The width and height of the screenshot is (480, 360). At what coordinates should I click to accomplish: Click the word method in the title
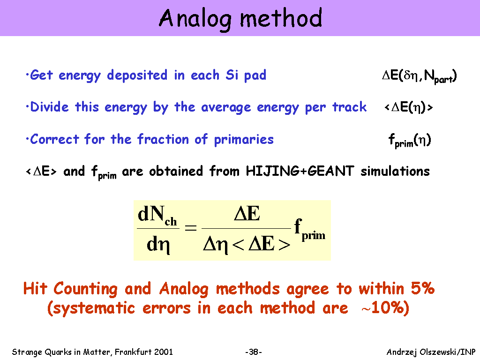pos(281,18)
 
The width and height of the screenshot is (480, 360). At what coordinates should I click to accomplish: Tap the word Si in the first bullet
pos(232,75)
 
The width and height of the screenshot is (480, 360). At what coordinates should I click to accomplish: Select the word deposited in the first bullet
pos(137,76)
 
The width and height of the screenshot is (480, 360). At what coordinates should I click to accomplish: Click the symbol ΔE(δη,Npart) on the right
pos(420,76)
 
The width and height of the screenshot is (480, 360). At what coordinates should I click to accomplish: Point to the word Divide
pos(49,107)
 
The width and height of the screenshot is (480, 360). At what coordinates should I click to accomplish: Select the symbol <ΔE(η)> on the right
pos(408,107)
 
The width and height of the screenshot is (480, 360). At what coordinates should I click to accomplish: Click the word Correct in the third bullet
pos(54,139)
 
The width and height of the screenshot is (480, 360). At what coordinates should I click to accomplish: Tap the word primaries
pos(244,140)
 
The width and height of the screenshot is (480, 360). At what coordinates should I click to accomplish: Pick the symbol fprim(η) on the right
pos(410,141)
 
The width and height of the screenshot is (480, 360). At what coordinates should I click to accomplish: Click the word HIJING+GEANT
pos(300,171)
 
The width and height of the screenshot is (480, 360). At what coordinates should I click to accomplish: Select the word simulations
pos(395,171)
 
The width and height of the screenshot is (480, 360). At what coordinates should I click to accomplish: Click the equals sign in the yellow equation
pos(190,228)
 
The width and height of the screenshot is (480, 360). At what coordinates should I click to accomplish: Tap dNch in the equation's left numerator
pos(157,215)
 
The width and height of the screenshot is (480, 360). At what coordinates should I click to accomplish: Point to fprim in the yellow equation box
pos(309,230)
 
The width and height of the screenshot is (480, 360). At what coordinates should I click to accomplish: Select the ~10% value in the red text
pos(385,308)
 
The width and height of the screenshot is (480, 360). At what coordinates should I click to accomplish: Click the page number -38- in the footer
pos(254,352)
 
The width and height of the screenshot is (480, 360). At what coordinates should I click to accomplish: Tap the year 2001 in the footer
pos(164,352)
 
